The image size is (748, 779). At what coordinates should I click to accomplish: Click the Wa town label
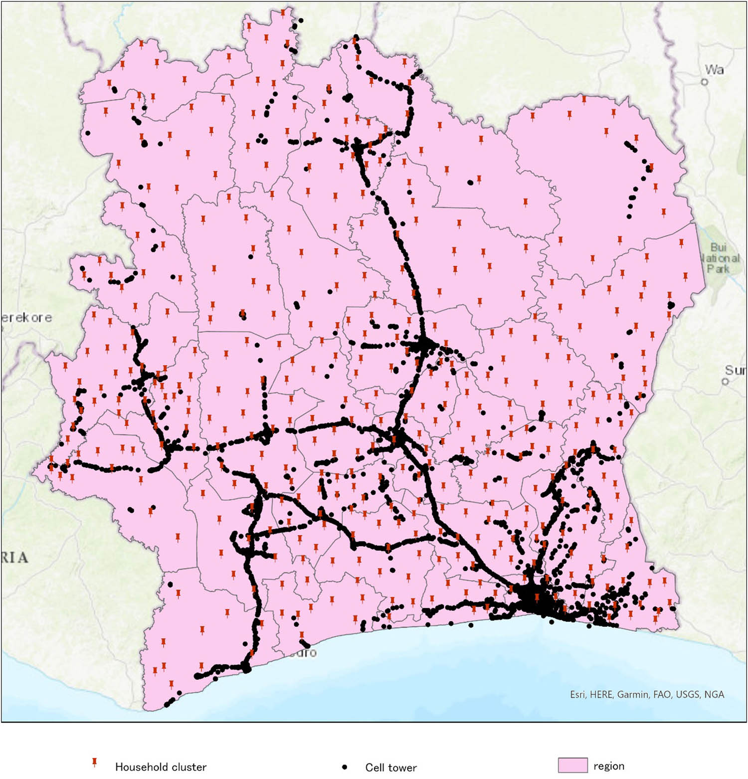[714, 70]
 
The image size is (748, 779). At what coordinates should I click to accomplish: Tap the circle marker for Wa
[705, 82]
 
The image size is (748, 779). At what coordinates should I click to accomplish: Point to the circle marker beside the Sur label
[725, 382]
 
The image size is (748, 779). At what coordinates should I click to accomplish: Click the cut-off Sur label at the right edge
[736, 370]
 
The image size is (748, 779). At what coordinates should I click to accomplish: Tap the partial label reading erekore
[26, 318]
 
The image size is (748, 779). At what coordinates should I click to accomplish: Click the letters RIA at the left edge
[14, 557]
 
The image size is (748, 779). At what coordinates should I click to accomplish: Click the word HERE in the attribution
[601, 694]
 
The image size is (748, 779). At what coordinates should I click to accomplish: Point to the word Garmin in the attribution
[632, 694]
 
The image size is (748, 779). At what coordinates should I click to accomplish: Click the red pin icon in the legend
[94, 763]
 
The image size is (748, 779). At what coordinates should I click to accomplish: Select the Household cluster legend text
[161, 767]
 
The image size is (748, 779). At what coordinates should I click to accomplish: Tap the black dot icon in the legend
[344, 767]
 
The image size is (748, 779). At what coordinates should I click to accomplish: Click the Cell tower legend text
[391, 768]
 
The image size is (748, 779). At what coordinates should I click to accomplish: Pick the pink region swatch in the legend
[572, 766]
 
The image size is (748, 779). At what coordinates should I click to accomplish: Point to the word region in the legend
[609, 766]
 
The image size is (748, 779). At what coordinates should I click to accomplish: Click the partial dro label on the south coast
[304, 653]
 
